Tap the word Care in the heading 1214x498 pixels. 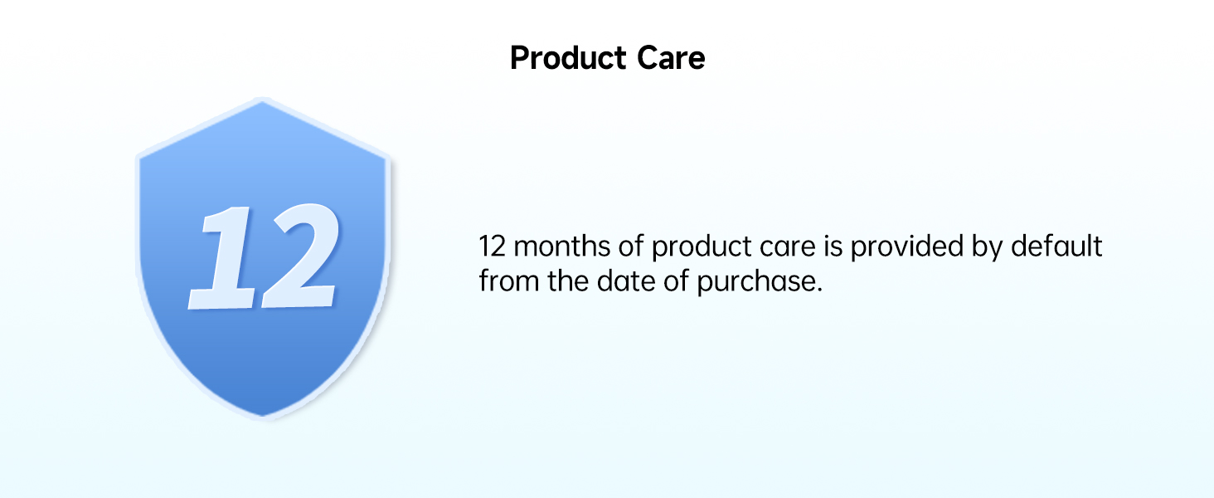click(671, 57)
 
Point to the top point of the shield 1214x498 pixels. click(262, 99)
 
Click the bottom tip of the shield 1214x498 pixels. click(264, 419)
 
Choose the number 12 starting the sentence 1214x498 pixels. click(492, 246)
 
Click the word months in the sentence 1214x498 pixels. click(562, 246)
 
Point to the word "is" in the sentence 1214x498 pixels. click(833, 246)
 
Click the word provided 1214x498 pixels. click(906, 247)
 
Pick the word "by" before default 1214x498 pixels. click(987, 247)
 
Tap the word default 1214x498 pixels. click(1056, 246)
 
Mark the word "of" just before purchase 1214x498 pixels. click(675, 281)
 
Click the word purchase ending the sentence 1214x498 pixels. click(760, 282)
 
